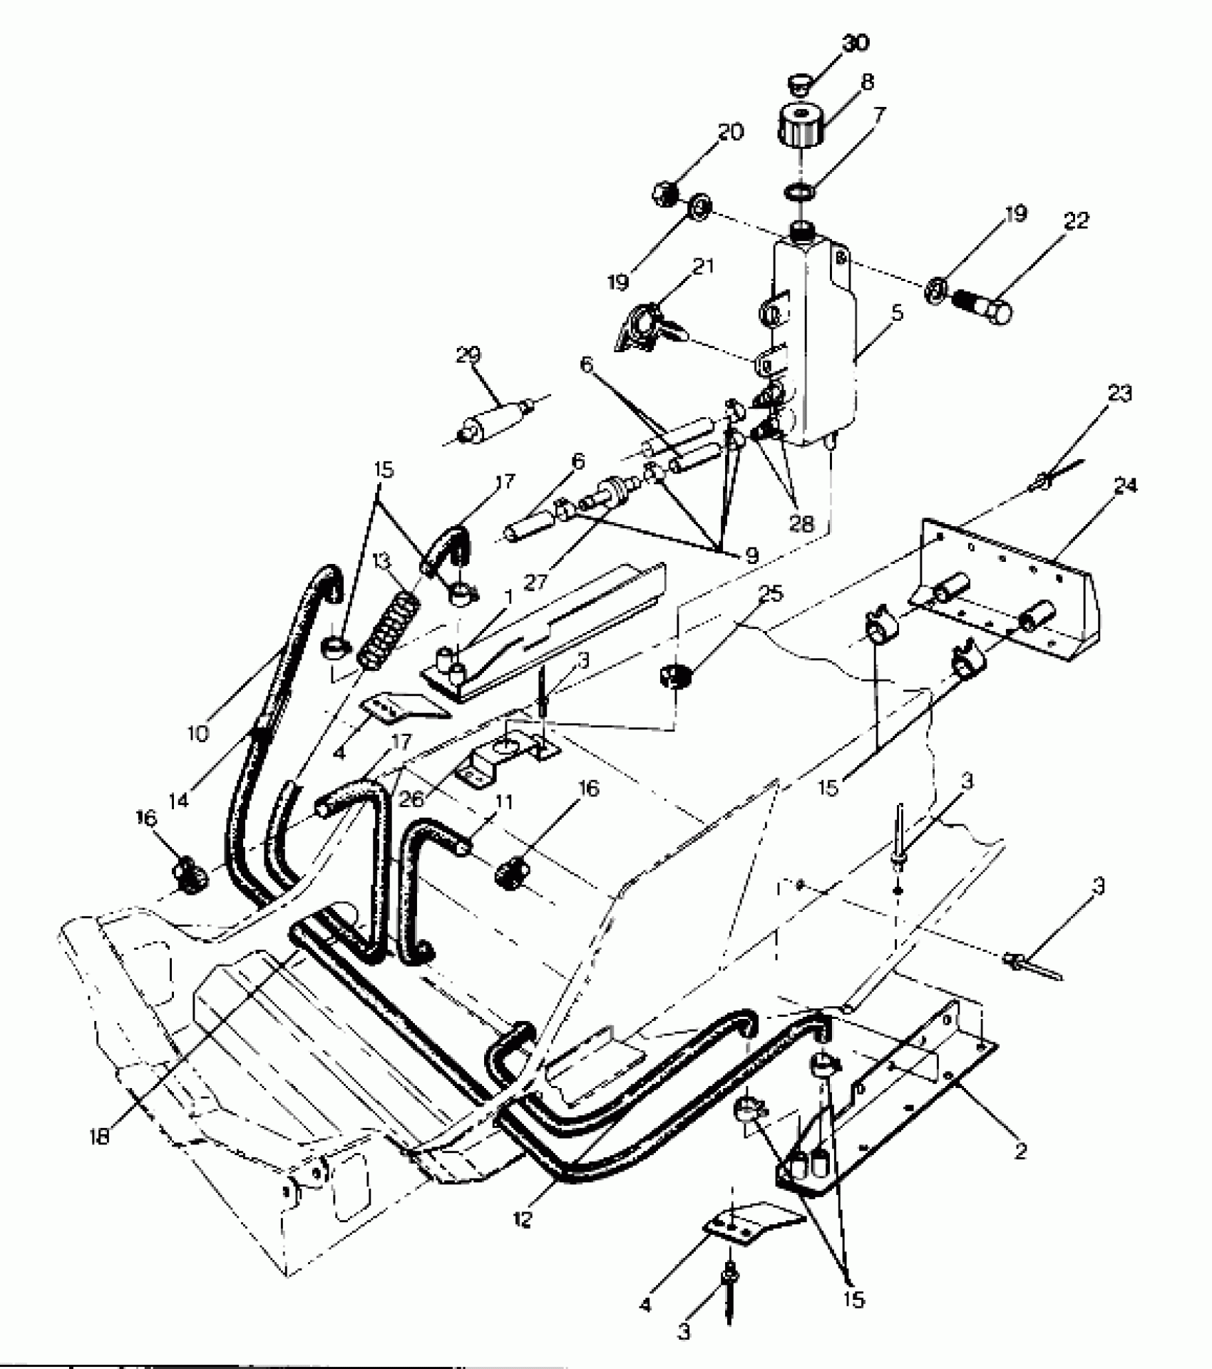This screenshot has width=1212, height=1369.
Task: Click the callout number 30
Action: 856,44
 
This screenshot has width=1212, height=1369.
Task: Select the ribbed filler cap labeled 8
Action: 800,125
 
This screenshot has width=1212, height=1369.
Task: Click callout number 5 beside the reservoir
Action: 897,312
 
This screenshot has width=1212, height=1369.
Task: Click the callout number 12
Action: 523,1220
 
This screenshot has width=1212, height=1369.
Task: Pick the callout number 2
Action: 1020,1150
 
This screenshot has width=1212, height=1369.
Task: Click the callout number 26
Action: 411,798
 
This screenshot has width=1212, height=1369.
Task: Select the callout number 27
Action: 535,581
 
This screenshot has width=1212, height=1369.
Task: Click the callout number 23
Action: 1119,393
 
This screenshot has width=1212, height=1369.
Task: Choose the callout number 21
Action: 703,266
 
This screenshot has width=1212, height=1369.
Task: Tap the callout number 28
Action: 801,524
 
